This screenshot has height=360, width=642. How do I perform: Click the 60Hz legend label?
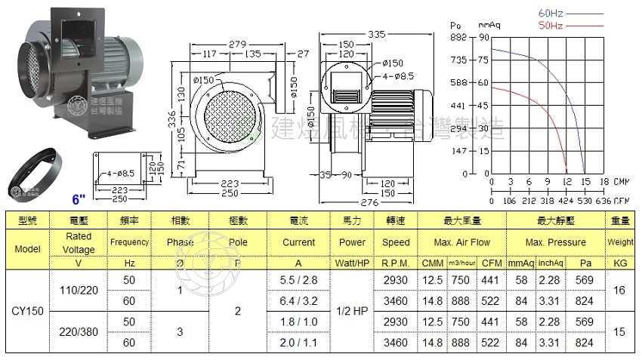click(551, 14)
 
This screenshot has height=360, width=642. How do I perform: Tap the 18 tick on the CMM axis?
click(603, 182)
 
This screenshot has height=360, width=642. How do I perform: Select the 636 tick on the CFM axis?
click(603, 201)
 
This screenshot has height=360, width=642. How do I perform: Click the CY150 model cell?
click(27, 310)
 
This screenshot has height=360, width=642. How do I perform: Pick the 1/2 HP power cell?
click(352, 310)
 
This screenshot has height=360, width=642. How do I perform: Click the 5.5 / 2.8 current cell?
click(299, 279)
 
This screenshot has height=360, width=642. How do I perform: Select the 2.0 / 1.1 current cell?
click(299, 342)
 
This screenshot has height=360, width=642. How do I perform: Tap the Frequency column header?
click(130, 242)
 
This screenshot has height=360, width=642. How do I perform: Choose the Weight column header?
click(620, 242)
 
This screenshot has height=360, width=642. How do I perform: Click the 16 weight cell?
click(620, 289)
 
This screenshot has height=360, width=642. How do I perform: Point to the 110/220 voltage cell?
click(79, 289)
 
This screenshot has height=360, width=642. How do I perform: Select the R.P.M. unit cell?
click(396, 263)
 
